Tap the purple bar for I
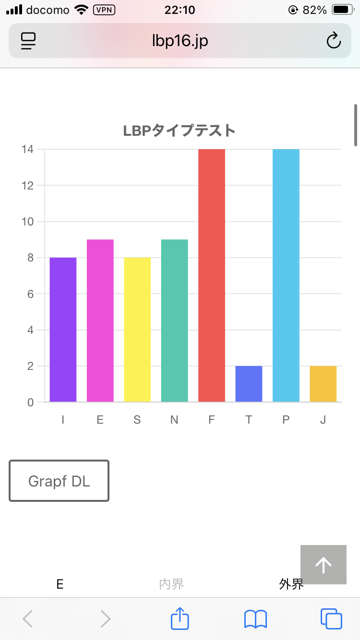click(x=63, y=330)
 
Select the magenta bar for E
click(x=100, y=320)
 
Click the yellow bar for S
click(x=137, y=330)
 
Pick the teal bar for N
click(x=174, y=320)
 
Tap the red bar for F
click(x=212, y=275)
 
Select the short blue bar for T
click(x=249, y=384)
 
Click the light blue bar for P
click(x=286, y=275)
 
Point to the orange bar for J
click(x=323, y=384)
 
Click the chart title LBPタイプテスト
click(x=180, y=130)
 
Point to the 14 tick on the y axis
click(x=27, y=149)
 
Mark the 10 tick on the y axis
click(x=27, y=222)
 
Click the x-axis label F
click(x=212, y=420)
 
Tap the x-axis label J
click(x=323, y=420)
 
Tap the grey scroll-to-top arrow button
click(x=324, y=565)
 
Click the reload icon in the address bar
click(x=334, y=41)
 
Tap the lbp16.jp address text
click(x=180, y=41)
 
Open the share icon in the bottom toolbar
click(x=180, y=619)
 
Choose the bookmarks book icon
click(x=255, y=619)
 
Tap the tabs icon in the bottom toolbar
click(x=331, y=619)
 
